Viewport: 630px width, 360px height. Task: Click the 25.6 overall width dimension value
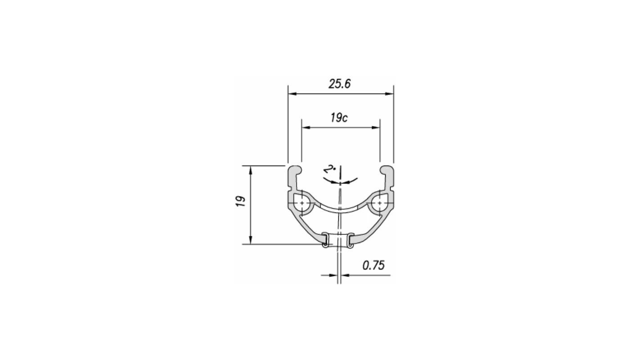pos(339,84)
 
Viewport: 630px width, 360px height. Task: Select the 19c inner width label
pos(339,118)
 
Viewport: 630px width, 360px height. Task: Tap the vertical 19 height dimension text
pos(242,201)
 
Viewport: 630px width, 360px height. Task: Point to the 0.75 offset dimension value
pos(373,265)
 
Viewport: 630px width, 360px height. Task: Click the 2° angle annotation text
pos(330,170)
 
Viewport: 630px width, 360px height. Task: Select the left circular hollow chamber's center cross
pos(300,203)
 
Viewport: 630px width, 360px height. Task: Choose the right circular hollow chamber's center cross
pos(380,203)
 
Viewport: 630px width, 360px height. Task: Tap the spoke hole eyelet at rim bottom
pos(337,240)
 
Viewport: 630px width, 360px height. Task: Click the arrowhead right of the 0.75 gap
pos(345,274)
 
